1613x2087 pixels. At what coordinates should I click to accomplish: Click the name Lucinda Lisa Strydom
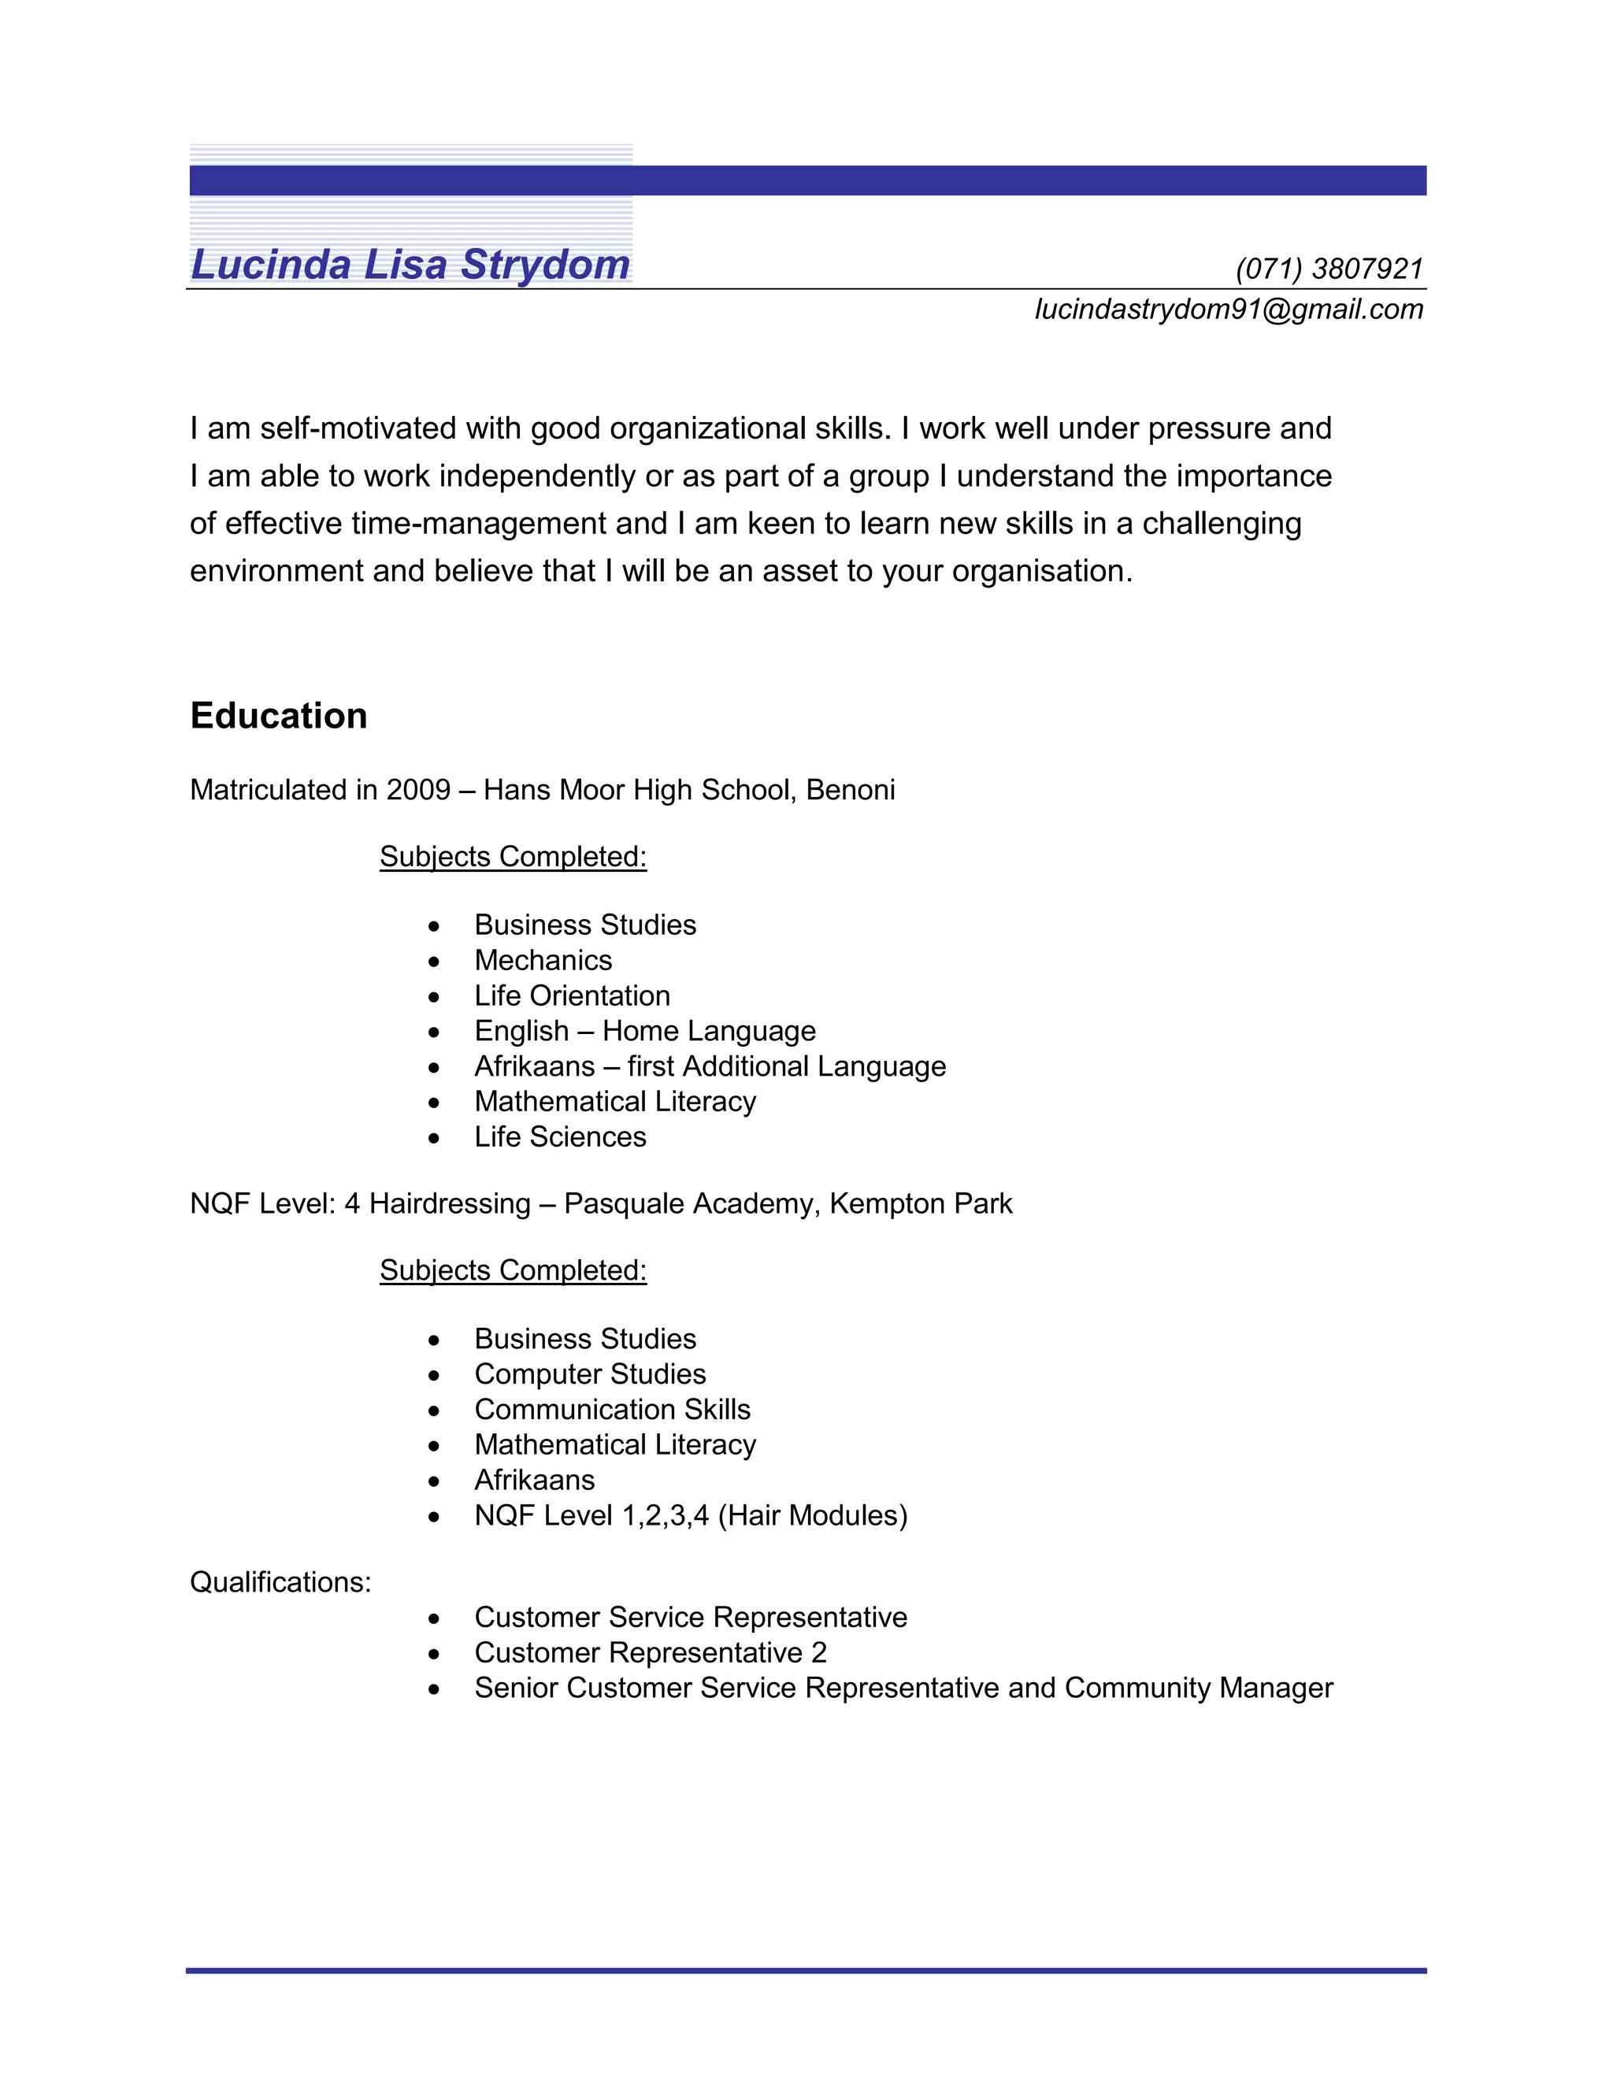411,265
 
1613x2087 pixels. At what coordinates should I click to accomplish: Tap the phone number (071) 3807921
1329,269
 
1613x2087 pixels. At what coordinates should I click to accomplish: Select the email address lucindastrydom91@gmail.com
1229,310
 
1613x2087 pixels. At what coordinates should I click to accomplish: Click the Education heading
278,716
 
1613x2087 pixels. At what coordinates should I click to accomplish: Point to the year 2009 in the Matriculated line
417,790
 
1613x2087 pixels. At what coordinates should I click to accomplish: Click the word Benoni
851,790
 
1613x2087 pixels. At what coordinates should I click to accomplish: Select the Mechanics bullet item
543,960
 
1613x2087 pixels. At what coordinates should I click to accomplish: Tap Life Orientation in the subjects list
572,995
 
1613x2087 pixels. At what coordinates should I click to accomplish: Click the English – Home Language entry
645,1031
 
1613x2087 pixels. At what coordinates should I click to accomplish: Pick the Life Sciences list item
560,1137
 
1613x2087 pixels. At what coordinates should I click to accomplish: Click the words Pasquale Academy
691,1204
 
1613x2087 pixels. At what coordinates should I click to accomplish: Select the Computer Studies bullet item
590,1374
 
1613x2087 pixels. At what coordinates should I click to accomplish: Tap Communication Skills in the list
613,1410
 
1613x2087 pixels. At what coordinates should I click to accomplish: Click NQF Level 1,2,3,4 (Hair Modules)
691,1515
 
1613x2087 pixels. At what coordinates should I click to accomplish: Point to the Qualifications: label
280,1582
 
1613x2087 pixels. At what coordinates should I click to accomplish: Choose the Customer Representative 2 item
650,1653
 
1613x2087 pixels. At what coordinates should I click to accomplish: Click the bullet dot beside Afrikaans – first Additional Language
435,1067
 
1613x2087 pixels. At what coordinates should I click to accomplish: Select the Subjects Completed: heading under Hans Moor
514,857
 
